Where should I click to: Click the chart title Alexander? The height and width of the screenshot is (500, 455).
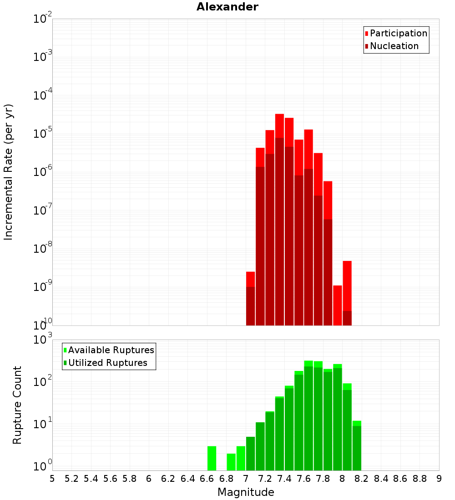click(227, 7)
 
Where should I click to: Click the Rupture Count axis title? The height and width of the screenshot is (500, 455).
click(17, 405)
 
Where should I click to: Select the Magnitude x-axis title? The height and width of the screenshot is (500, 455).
click(246, 492)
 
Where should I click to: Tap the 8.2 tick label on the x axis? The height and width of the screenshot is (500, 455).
click(361, 479)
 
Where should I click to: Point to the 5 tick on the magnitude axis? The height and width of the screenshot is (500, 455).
click(52, 479)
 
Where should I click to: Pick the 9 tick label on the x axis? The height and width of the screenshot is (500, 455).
click(439, 479)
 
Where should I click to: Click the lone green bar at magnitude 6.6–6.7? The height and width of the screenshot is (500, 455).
click(212, 458)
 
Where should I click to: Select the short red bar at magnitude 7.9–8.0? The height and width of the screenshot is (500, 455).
click(338, 305)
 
